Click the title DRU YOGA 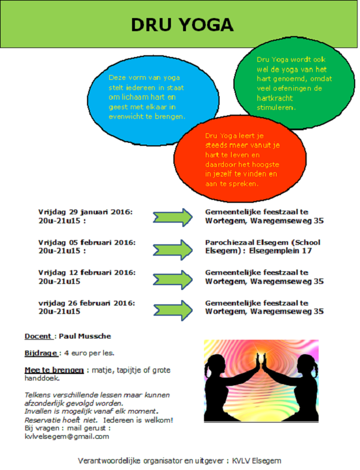(182, 25)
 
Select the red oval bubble (239, 159)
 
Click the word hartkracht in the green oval (275, 98)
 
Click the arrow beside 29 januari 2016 (173, 217)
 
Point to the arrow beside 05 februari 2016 (173, 249)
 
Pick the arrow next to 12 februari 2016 (173, 280)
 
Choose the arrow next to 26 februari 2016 (173, 310)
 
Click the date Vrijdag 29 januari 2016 (85, 212)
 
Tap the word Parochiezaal (230, 242)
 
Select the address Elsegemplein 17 (280, 251)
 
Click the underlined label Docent (38, 336)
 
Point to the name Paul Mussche (85, 336)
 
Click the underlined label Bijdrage (41, 353)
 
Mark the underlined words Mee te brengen (54, 370)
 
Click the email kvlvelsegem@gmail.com (67, 436)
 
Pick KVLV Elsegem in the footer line (257, 461)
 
